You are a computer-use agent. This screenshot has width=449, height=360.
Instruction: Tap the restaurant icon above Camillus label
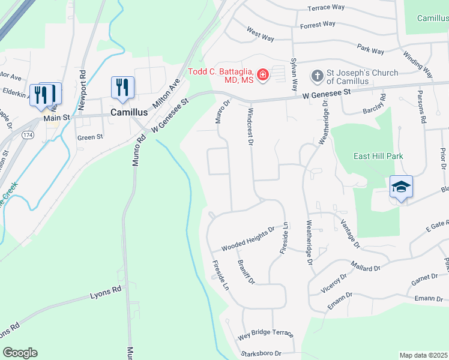click(x=122, y=86)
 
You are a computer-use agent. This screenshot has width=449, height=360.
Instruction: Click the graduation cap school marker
click(x=400, y=187)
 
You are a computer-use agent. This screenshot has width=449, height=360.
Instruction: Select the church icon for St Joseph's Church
click(x=316, y=76)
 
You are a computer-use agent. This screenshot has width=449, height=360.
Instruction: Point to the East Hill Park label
click(x=378, y=156)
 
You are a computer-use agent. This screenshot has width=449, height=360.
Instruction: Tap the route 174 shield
click(x=28, y=136)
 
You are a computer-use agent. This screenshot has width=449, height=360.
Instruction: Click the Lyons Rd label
click(x=106, y=292)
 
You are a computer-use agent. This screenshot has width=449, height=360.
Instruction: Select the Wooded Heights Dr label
click(x=247, y=238)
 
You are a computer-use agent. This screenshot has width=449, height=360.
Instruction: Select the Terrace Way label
click(x=326, y=8)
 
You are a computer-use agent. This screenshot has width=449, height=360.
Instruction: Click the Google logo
click(x=20, y=352)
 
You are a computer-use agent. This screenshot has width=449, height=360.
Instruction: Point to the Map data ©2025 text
click(x=423, y=355)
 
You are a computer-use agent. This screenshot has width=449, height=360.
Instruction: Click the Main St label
click(x=57, y=118)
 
